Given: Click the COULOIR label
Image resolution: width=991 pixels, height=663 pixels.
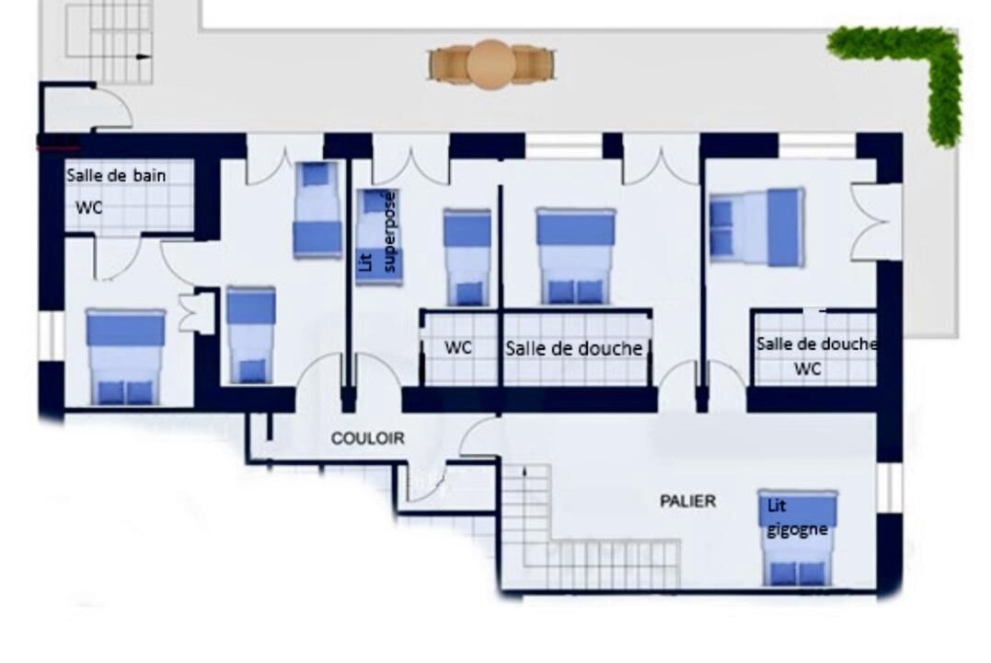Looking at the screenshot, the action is [367, 437].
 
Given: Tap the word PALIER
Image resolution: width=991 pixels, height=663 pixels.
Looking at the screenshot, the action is [687, 501].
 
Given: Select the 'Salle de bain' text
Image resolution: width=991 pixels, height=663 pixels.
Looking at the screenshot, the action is [116, 175].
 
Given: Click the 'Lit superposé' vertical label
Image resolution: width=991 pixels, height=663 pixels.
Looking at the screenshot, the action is [377, 231].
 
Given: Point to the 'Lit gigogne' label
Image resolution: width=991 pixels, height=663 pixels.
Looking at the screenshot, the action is [796, 518].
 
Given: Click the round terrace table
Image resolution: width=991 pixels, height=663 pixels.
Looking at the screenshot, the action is [491, 64].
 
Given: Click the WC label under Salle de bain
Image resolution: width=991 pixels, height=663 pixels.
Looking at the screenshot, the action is [88, 207].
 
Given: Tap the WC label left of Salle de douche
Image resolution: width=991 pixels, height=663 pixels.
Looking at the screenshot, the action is [457, 347].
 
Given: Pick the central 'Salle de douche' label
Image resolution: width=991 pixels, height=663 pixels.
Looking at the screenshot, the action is [573, 348].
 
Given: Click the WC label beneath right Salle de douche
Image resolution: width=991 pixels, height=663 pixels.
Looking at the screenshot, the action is [807, 368].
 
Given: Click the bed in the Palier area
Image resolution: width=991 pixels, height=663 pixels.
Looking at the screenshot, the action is [799, 538].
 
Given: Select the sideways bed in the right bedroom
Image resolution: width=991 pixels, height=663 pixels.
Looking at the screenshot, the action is [756, 227].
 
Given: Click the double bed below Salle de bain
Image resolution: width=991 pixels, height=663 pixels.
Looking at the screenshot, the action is [125, 356].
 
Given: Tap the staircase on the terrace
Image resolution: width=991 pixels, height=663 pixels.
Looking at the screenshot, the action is [110, 41].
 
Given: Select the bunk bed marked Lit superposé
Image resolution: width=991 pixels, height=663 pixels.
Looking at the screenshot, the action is [378, 237].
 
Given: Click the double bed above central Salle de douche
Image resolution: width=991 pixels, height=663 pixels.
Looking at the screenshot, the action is [575, 257].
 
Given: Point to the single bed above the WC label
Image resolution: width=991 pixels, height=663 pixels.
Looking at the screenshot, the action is [467, 258].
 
